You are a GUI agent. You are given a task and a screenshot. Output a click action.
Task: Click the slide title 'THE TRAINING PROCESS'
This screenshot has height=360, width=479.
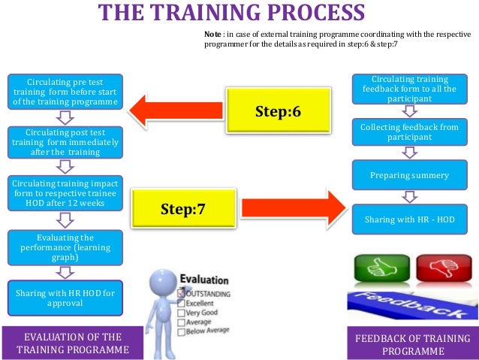tap(231, 14)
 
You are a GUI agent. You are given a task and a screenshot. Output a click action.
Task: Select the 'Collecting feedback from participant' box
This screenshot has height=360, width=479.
tap(410, 132)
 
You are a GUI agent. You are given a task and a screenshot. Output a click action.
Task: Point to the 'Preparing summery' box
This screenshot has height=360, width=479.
tap(410, 175)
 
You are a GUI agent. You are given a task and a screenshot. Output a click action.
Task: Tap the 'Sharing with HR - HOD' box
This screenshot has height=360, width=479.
tap(410, 220)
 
